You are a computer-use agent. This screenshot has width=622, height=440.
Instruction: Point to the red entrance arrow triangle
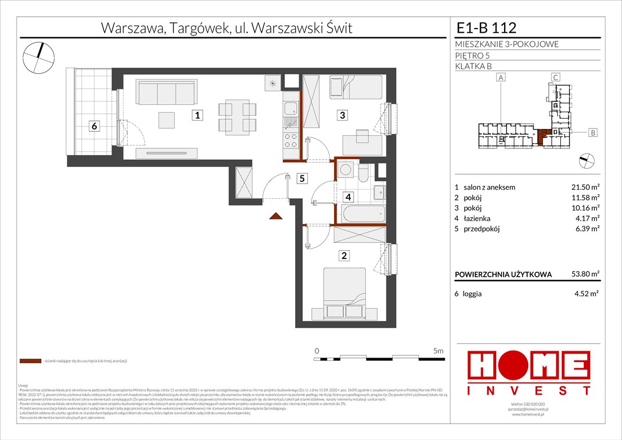(276, 216)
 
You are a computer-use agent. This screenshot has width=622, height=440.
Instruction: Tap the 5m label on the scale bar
(439, 350)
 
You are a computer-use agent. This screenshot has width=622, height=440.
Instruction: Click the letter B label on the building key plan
(593, 133)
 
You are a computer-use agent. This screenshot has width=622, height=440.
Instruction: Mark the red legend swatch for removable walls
(30, 362)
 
